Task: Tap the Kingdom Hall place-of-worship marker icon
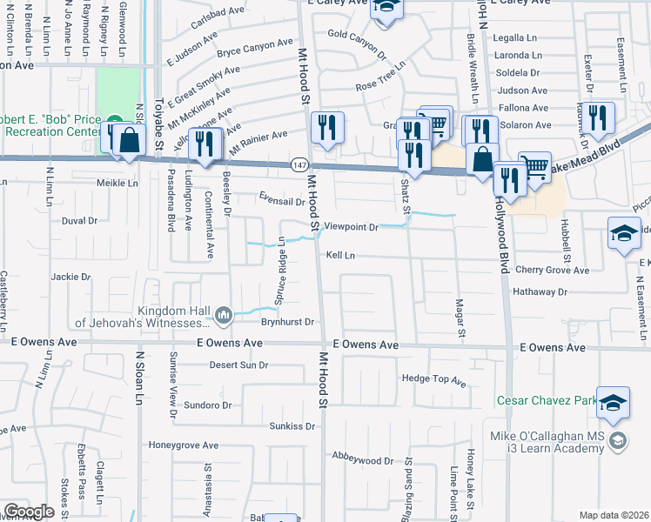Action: (x=224, y=313)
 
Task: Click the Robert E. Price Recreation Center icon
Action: (x=115, y=122)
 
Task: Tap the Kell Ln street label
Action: (x=340, y=256)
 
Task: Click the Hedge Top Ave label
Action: (x=433, y=380)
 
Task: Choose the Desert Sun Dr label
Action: (x=238, y=365)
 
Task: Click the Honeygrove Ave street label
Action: (x=183, y=445)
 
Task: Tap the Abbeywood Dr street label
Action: (x=363, y=457)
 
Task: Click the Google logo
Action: (x=28, y=512)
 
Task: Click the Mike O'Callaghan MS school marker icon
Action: (x=618, y=440)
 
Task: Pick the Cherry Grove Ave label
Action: (x=552, y=270)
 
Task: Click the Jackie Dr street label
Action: (x=71, y=277)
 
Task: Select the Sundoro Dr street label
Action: (x=207, y=405)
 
